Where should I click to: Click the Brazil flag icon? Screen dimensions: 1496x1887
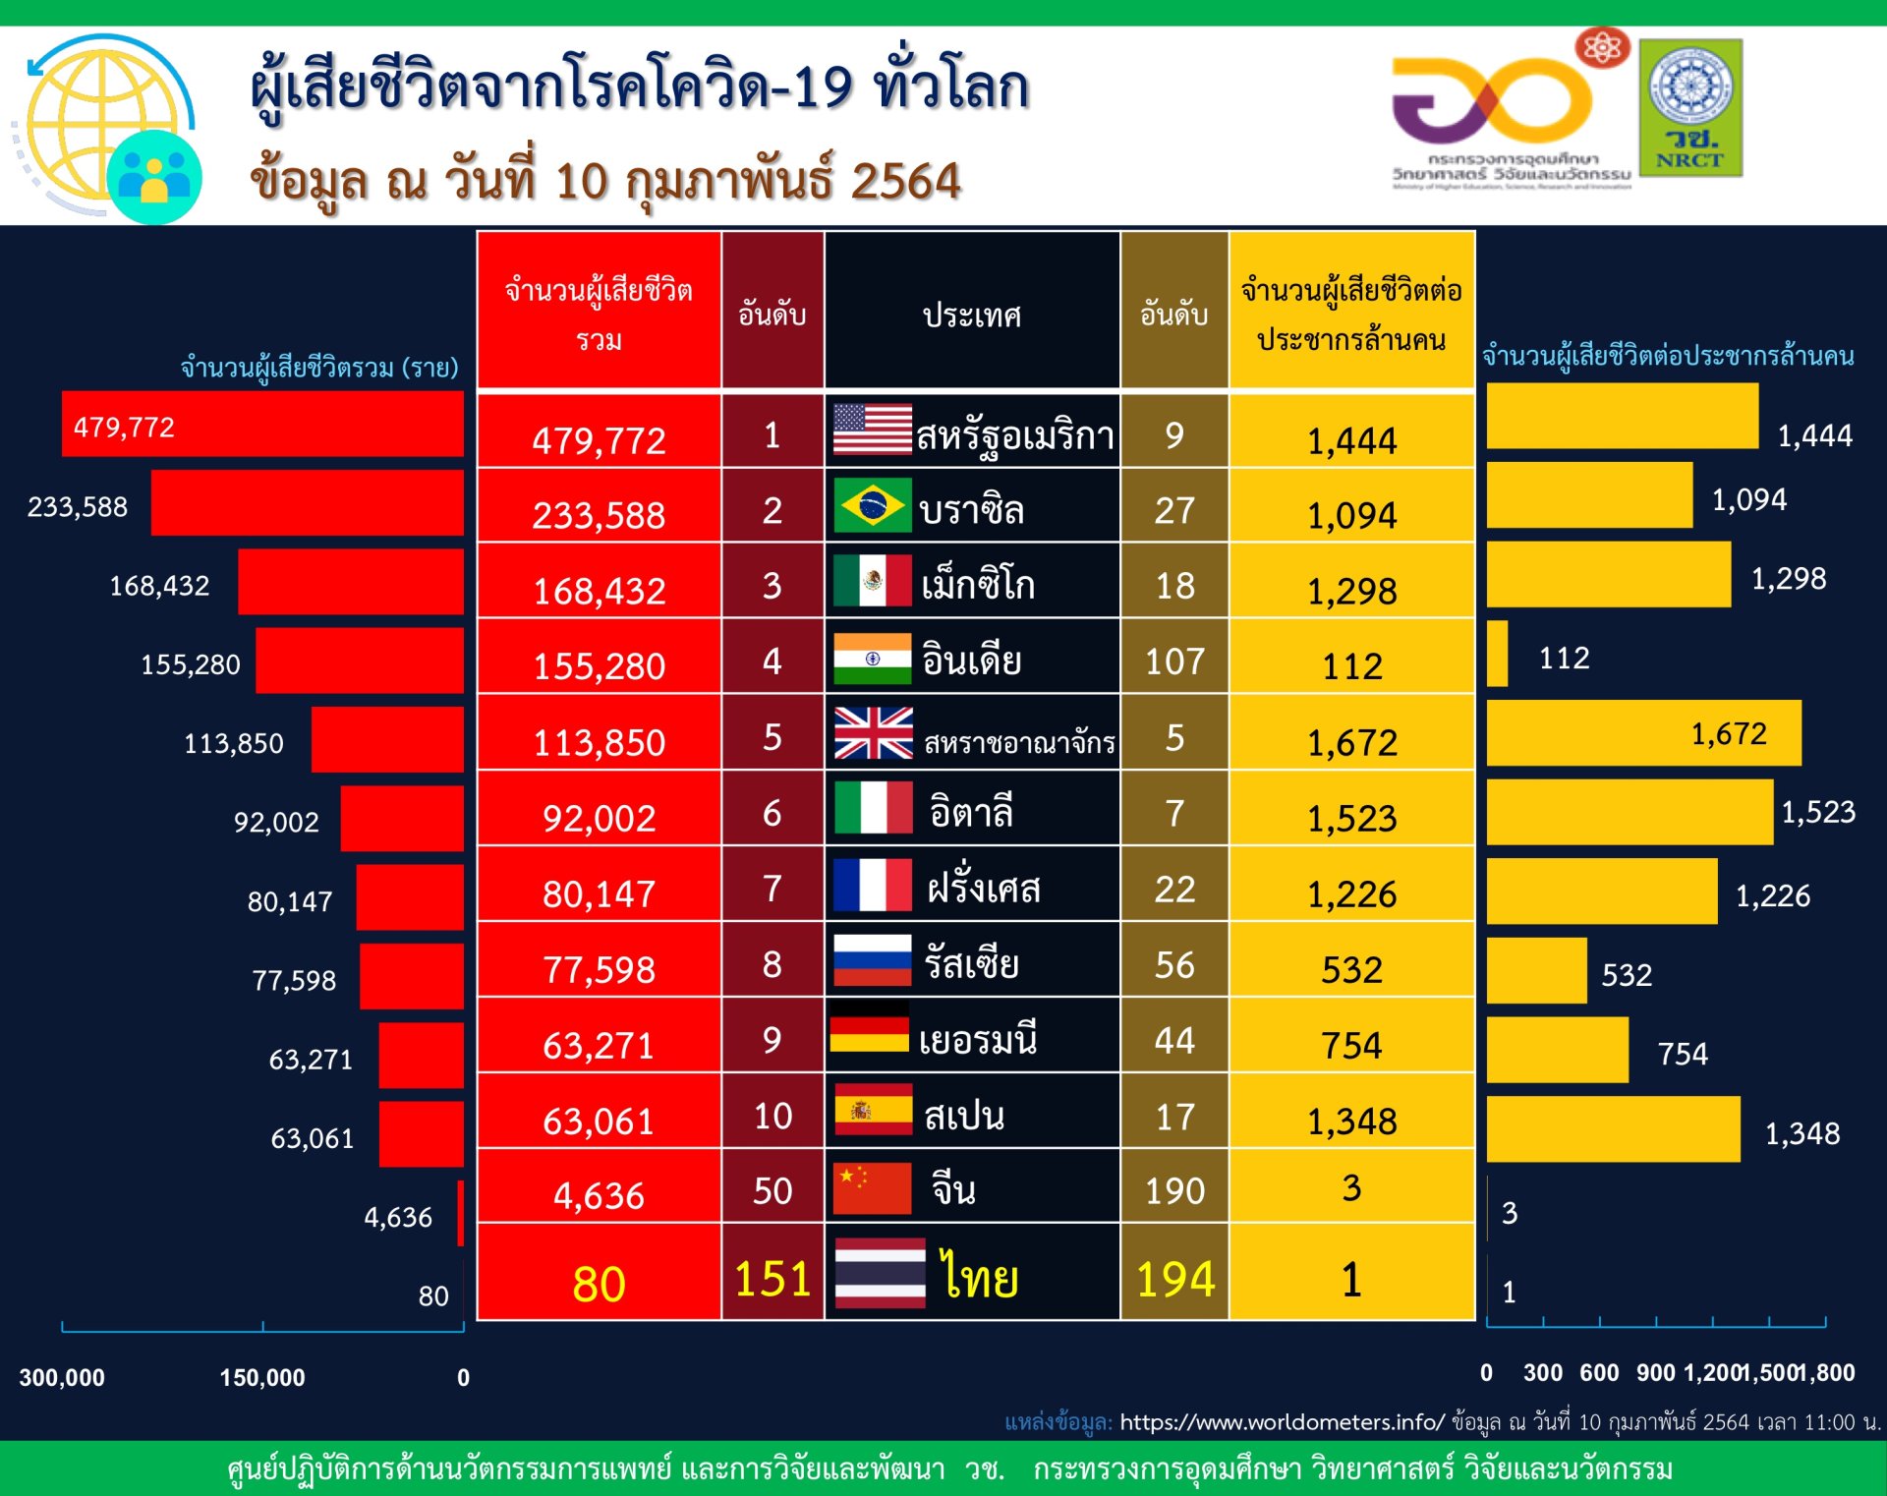(x=872, y=505)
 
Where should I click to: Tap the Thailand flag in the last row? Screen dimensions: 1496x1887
(x=880, y=1273)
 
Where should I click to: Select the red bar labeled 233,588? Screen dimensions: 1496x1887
(x=307, y=502)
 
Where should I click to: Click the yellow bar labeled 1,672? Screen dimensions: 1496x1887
(x=1643, y=733)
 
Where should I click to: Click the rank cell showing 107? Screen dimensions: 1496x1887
(x=1174, y=662)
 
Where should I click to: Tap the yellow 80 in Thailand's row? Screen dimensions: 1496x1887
(x=599, y=1284)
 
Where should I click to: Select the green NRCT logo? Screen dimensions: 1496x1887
(x=1690, y=108)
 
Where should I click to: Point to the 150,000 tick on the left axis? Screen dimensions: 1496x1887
(x=262, y=1377)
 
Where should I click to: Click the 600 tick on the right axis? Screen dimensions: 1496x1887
(x=1599, y=1373)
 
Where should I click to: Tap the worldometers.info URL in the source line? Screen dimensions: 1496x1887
(x=1282, y=1422)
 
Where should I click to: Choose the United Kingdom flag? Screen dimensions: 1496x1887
(x=873, y=733)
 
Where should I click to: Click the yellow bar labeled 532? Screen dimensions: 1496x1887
(x=1536, y=971)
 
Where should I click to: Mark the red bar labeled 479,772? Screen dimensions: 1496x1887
(x=262, y=424)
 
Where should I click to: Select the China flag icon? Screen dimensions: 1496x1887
(x=872, y=1188)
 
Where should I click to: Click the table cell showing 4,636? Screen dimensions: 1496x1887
(x=599, y=1195)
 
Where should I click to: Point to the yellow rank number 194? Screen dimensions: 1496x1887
(x=1175, y=1279)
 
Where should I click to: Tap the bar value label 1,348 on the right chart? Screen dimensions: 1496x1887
(x=1802, y=1133)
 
